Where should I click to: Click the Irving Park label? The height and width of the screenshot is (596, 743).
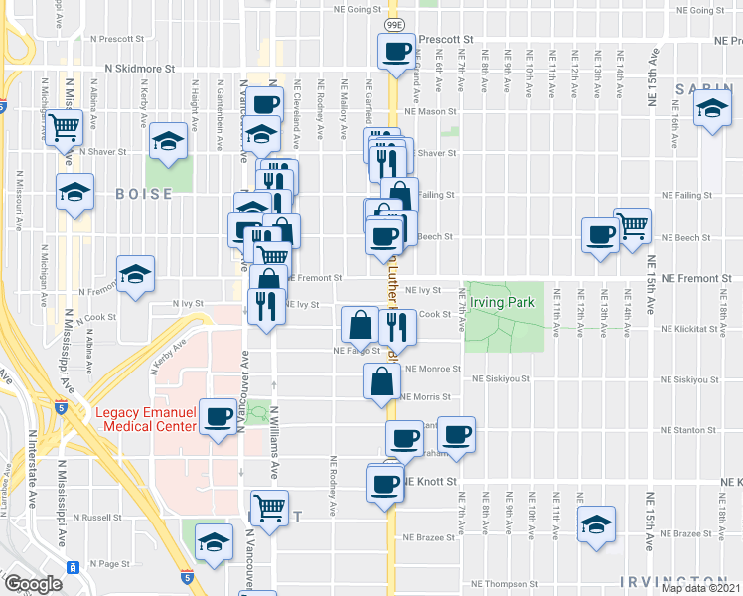[x=505, y=302]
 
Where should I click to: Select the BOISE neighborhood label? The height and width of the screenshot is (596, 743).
[x=136, y=195]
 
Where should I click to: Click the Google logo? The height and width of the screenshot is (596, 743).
[x=33, y=584]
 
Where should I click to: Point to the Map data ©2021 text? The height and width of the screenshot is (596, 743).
[x=701, y=588]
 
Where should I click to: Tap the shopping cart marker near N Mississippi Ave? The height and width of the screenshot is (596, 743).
[x=64, y=127]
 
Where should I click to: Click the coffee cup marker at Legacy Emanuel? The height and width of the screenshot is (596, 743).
[x=218, y=416]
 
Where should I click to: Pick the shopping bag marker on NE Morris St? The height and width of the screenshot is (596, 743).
[x=382, y=380]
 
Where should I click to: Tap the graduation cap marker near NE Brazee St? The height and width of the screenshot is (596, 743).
[x=596, y=524]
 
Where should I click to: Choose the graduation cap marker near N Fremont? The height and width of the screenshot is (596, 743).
[x=136, y=273]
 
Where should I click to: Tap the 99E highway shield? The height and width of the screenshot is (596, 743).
[x=393, y=23]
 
